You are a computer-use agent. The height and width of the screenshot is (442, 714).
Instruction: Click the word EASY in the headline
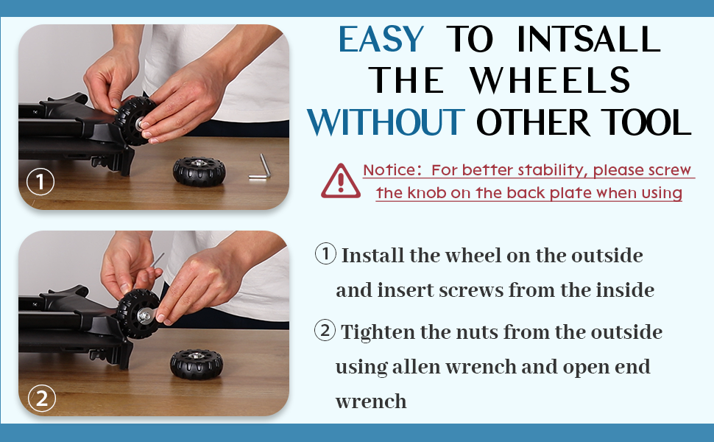click(381, 40)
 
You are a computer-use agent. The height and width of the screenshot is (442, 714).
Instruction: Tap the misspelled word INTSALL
click(588, 39)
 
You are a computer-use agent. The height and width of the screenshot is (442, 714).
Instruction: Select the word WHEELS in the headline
click(550, 80)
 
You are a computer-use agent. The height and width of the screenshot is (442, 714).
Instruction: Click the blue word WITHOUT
click(386, 122)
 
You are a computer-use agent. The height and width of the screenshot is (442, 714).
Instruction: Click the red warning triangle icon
click(341, 181)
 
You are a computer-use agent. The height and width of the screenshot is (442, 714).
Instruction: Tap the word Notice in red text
click(389, 170)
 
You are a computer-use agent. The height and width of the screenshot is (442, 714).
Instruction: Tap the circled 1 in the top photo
click(40, 182)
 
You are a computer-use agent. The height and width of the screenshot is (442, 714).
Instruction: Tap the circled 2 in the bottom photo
click(42, 399)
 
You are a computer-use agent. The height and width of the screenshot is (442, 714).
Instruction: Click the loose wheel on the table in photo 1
click(199, 172)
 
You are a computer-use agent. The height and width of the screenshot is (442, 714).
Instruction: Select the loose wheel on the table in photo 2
click(197, 364)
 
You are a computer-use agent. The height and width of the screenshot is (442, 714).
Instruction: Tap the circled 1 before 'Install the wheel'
click(325, 254)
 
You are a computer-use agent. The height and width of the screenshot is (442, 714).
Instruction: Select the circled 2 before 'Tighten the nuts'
click(325, 330)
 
